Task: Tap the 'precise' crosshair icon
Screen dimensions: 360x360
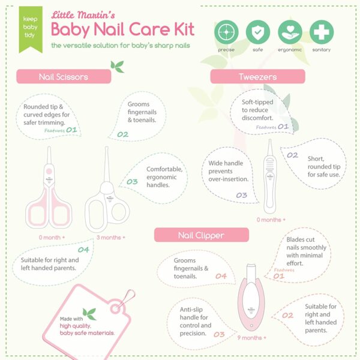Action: point(227,31)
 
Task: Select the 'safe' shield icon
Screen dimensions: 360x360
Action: point(258,31)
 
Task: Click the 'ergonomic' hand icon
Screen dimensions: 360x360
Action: point(290,31)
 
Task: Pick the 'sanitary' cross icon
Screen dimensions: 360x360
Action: point(322,31)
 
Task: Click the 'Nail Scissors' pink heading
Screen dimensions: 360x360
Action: point(64,76)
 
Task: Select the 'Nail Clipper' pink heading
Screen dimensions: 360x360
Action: point(193,235)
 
